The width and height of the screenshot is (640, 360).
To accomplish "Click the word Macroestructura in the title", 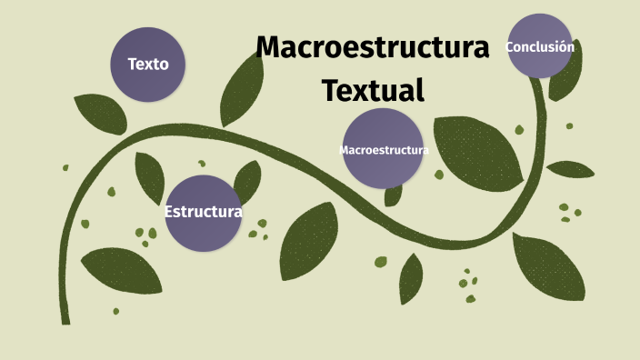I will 373,47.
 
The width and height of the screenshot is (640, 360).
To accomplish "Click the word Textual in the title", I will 374,90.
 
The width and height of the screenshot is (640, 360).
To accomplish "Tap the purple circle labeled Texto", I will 147,65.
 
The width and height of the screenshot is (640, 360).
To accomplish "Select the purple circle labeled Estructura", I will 203,213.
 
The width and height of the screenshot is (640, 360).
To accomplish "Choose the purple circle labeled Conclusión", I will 540,46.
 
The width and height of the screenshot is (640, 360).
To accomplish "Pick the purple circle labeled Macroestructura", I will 384,148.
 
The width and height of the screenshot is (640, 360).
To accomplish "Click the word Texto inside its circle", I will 147,65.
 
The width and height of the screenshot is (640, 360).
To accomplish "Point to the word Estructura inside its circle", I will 203,213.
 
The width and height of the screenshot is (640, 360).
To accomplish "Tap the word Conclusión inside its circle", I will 540,46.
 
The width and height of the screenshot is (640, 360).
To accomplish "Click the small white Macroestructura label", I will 384,150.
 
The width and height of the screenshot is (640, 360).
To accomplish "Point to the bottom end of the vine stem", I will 65,319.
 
